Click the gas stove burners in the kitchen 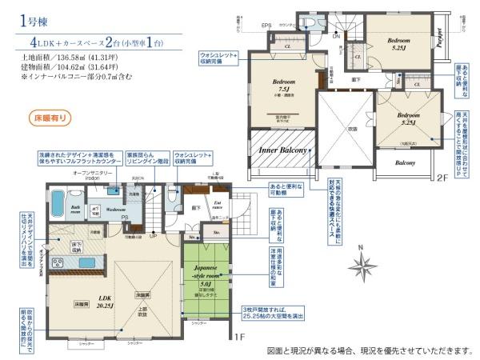pyautogui.click(x=58, y=262)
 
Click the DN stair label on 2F pyautogui.click(x=336, y=37)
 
